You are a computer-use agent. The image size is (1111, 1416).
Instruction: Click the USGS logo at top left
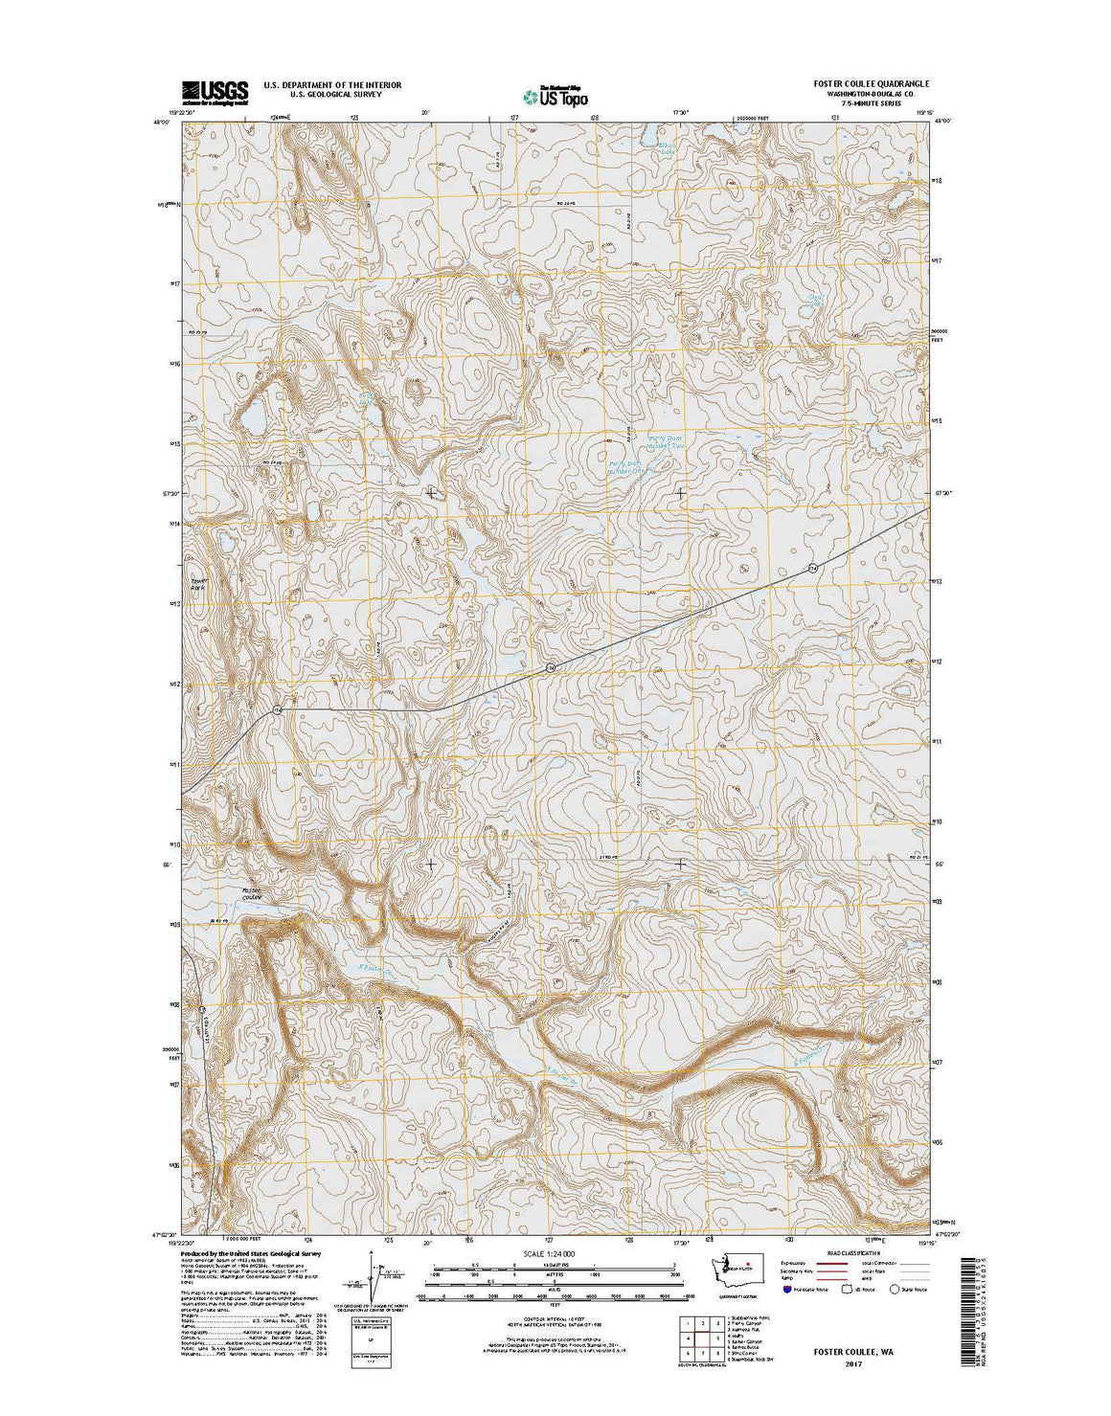pos(215,90)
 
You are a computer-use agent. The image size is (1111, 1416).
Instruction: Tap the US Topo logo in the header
pos(555,94)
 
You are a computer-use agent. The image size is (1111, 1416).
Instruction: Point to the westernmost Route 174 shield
pos(277,710)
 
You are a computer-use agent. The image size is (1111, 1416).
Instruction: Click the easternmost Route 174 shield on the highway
pos(812,570)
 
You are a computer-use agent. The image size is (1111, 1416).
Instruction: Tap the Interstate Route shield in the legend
pos(788,1290)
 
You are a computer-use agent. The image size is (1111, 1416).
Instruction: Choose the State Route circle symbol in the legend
pos(894,1290)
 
